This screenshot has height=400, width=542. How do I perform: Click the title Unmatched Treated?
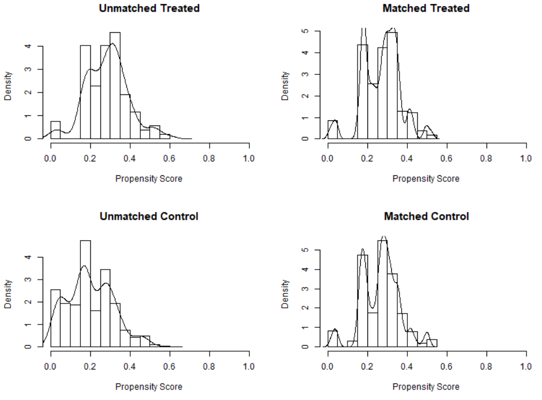coord(149,8)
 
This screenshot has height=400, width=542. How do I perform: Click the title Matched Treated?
coord(426,8)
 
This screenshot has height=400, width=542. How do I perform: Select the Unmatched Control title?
coord(149,216)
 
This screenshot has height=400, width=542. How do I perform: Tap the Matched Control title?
coord(426,216)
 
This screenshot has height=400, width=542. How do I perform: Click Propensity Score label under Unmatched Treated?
coord(149,179)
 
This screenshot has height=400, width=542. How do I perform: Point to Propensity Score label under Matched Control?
coord(426,387)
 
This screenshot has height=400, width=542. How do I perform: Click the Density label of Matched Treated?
coord(285,85)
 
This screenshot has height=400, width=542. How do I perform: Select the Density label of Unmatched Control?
coord(8,293)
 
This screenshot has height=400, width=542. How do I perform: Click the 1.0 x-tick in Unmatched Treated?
coord(249,158)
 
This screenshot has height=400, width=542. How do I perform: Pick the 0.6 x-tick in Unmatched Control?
coord(170,366)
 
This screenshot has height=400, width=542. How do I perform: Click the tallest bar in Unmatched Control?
coord(85,294)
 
